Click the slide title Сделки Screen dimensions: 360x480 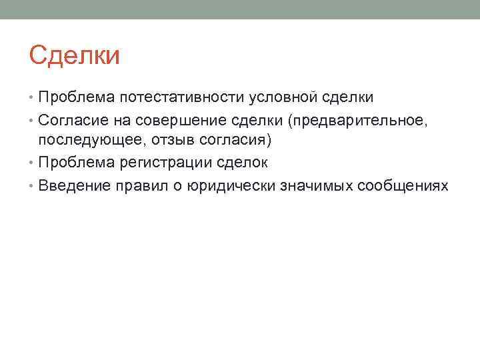pyautogui.click(x=75, y=55)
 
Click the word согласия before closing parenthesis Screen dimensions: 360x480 pyautogui.click(x=223, y=141)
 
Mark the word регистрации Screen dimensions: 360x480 pyautogui.click(x=165, y=163)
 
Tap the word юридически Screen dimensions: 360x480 pyautogui.click(x=220, y=185)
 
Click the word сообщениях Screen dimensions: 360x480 pyautogui.click(x=403, y=185)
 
